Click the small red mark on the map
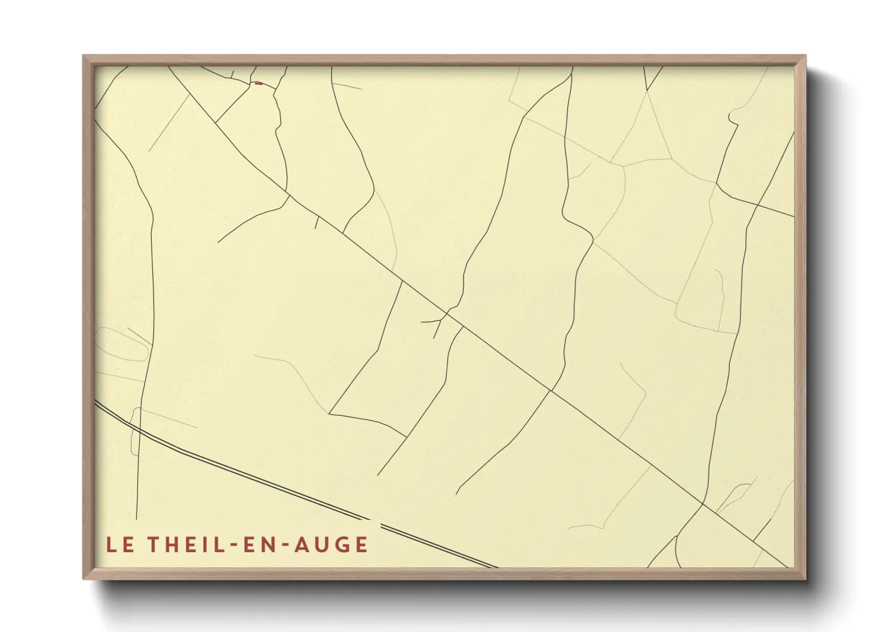[x=258, y=84]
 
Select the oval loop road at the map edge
[x=122, y=345]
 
